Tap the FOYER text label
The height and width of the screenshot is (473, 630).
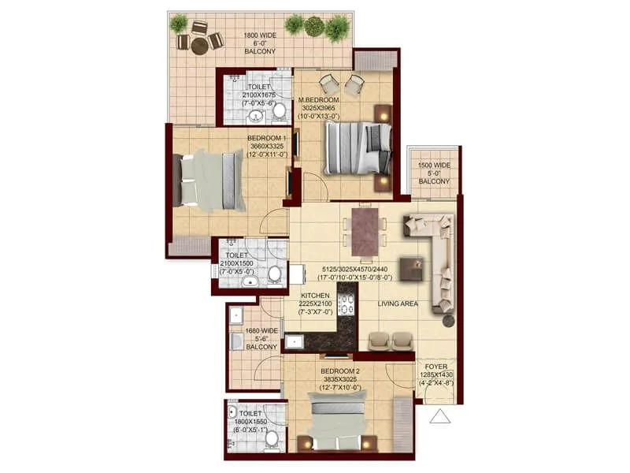[x=435, y=367]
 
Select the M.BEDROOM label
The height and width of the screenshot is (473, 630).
[x=318, y=99]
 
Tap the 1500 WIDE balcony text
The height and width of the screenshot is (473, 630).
[x=434, y=166]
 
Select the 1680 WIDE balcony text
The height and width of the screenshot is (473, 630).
[x=262, y=331]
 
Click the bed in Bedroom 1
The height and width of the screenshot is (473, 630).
[x=211, y=181]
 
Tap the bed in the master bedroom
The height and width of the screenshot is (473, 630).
[x=358, y=148]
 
